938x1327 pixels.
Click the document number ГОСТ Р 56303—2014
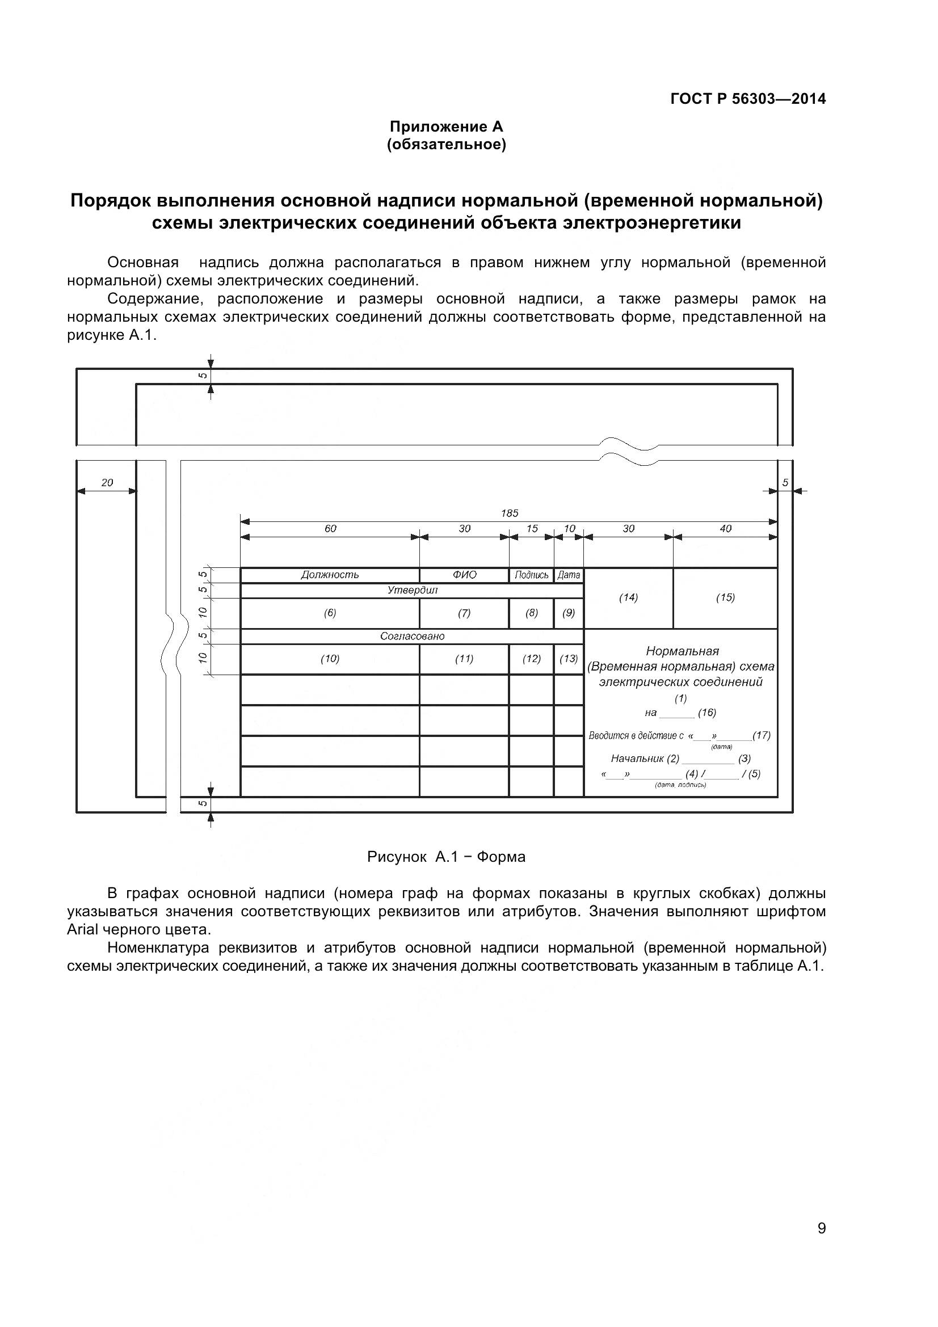[748, 99]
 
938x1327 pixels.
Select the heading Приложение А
[446, 126]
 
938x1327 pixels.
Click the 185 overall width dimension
[509, 513]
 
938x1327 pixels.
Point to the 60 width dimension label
[330, 528]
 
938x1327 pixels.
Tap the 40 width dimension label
[725, 528]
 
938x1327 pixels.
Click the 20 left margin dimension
[107, 483]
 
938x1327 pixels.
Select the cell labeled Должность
[330, 575]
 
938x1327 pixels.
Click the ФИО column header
[464, 575]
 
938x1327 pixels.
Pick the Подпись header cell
[531, 575]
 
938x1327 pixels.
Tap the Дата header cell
[569, 575]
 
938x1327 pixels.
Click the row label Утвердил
[412, 590]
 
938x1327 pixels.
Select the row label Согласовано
[412, 637]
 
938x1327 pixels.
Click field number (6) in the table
[330, 613]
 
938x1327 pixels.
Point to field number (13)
[569, 659]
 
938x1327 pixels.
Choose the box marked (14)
[628, 597]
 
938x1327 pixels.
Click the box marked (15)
[725, 597]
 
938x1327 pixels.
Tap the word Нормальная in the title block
[682, 651]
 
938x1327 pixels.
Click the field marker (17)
[761, 735]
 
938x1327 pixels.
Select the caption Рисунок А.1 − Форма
[446, 857]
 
